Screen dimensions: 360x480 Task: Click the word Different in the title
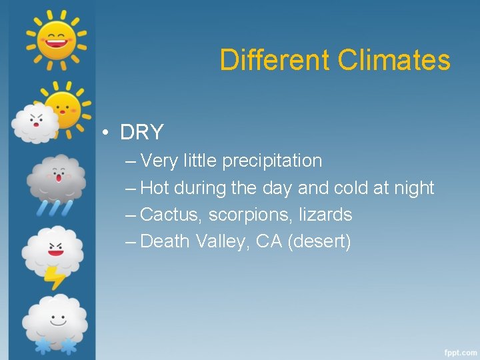click(x=275, y=60)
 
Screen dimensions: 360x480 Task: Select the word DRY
click(x=141, y=133)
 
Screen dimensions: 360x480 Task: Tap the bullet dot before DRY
click(x=106, y=133)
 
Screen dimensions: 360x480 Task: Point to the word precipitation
click(x=272, y=161)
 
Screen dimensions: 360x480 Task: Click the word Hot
click(x=155, y=188)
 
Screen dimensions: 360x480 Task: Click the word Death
click(x=166, y=241)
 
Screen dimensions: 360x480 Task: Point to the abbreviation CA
click(x=269, y=241)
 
